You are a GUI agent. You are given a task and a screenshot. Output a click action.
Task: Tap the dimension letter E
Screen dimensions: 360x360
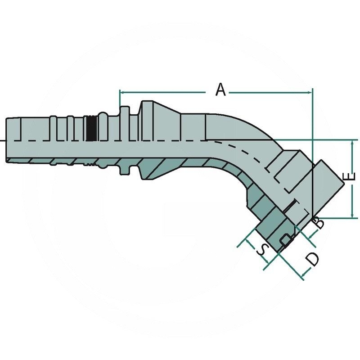[x=351, y=176]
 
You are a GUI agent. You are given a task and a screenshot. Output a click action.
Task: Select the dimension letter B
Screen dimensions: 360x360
[x=318, y=222]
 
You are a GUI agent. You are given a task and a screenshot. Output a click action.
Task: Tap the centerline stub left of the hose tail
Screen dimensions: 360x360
[x=3, y=141]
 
